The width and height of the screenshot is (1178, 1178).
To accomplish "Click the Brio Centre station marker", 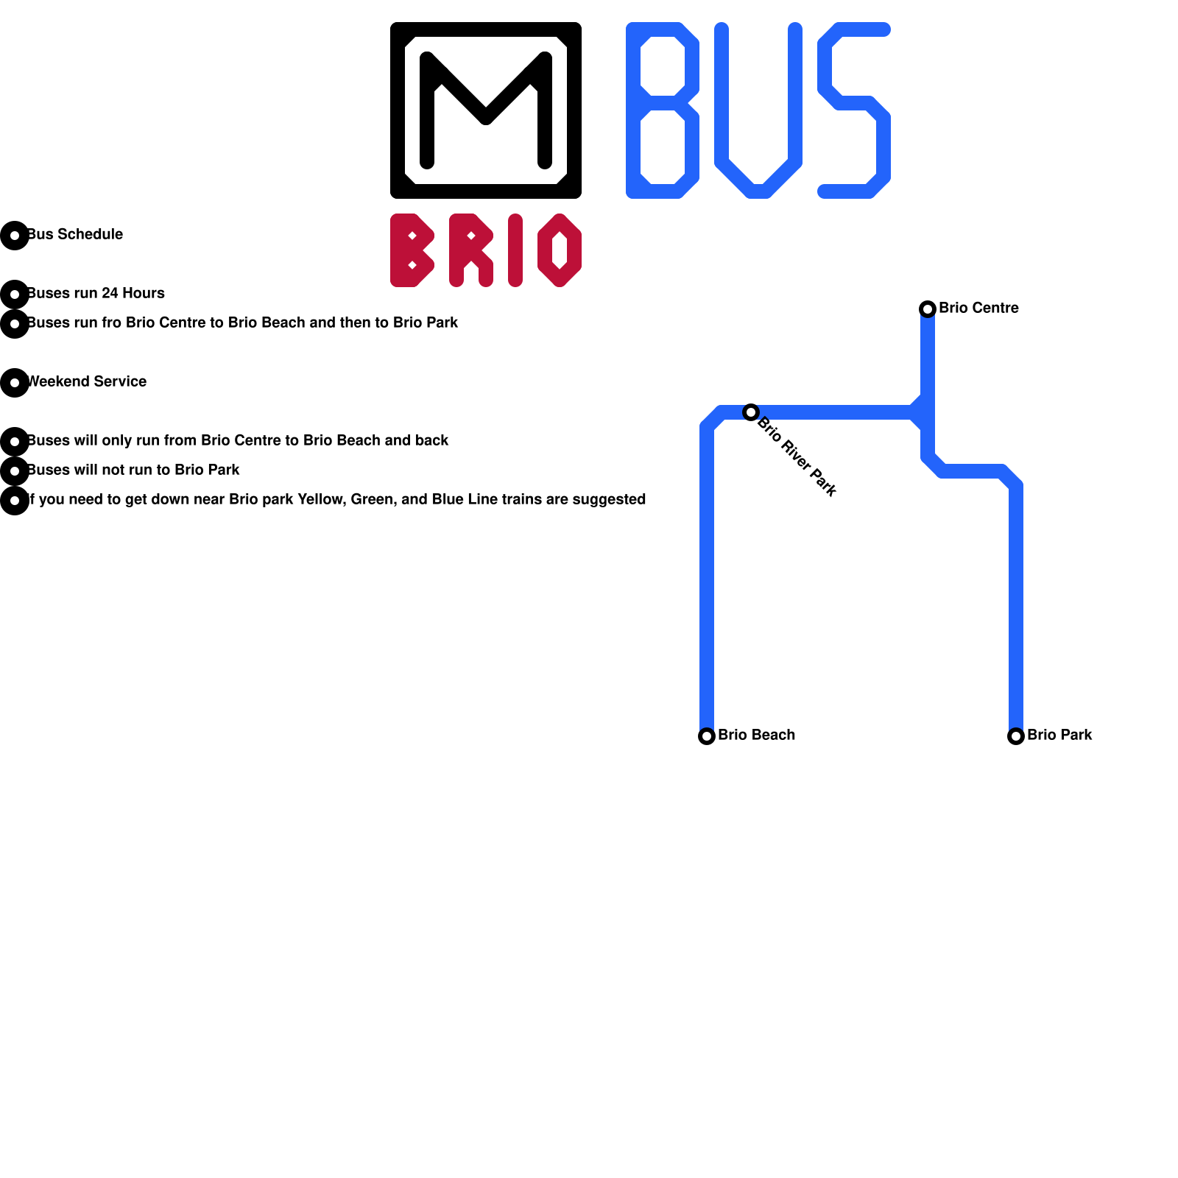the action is (928, 308).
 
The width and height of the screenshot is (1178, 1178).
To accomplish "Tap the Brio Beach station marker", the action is (707, 736).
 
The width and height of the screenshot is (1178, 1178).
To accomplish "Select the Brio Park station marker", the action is (1016, 736).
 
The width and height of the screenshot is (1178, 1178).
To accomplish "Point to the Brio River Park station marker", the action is (751, 412).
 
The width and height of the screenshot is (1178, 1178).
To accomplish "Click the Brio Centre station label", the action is (978, 308).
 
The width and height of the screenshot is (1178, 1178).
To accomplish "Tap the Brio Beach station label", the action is (756, 735).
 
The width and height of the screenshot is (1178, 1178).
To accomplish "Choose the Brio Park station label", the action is (1059, 735).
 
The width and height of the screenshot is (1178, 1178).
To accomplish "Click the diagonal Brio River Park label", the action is (797, 456).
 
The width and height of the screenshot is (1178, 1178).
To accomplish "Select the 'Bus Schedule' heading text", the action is (75, 234).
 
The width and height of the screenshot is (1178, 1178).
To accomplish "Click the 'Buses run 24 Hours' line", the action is (96, 293).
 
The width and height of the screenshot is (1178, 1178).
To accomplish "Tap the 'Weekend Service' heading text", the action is (87, 381).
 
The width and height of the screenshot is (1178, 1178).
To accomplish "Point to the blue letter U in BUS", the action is (758, 110).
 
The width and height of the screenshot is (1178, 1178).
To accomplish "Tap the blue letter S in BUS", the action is (854, 110).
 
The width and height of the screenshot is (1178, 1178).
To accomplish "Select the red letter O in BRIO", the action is (560, 250).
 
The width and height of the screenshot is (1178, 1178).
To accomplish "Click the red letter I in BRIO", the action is (515, 250).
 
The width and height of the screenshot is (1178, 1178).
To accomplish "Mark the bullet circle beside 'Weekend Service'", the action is (15, 383).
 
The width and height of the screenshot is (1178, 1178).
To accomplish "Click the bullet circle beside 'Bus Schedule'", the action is (15, 236).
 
